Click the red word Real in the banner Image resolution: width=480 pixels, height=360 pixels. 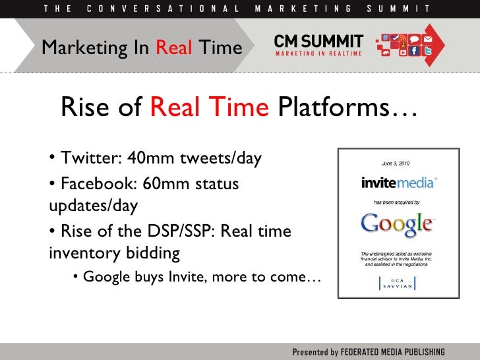click(176, 47)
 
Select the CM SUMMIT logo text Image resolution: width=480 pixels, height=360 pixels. click(318, 40)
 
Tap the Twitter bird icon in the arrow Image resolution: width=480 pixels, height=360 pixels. click(427, 51)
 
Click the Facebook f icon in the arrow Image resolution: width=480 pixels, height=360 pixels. click(415, 51)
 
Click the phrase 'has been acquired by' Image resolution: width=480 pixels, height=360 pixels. click(396, 202)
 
